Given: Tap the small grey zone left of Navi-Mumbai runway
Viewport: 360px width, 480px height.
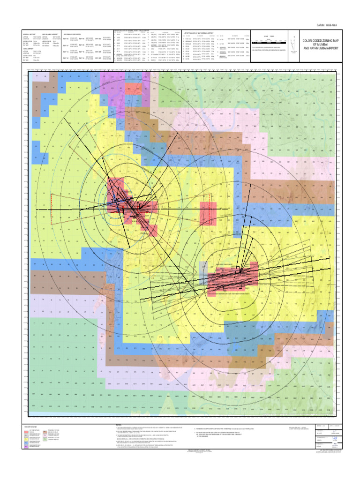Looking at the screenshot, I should pyautogui.click(x=203, y=270).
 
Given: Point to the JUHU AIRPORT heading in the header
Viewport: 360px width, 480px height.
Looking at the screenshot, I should pyautogui.click(x=28, y=48).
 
